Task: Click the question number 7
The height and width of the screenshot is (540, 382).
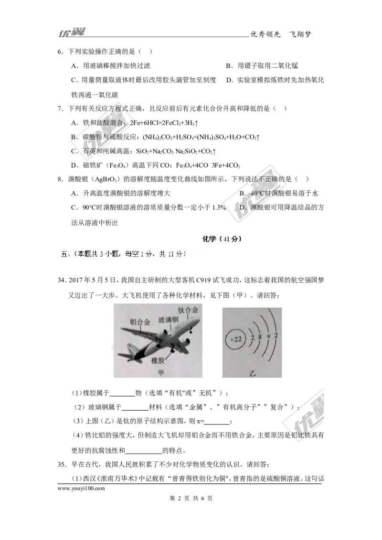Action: click(x=60, y=109)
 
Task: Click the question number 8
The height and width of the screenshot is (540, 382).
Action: click(x=60, y=179)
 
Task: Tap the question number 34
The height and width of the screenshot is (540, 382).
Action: click(x=62, y=279)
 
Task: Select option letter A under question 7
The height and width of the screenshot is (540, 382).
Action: click(x=74, y=123)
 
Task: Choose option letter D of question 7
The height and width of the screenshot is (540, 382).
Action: click(x=74, y=166)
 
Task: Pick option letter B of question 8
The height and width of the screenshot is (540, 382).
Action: click(x=242, y=193)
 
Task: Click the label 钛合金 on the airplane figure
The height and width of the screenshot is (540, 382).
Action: click(x=188, y=310)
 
